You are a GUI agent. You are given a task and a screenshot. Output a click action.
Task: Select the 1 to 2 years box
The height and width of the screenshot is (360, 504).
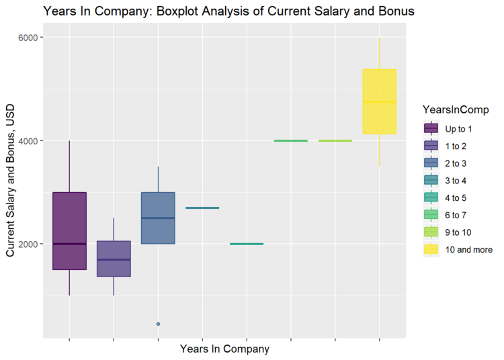(x=114, y=259)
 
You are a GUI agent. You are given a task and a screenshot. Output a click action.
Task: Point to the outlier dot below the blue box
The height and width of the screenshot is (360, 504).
(x=158, y=324)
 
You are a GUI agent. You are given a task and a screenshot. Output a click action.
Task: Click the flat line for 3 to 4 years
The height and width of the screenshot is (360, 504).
(x=202, y=208)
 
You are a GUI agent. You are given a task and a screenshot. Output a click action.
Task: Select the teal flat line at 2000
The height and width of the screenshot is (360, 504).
(x=247, y=244)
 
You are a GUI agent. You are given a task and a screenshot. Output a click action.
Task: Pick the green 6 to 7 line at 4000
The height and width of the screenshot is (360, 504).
(x=290, y=140)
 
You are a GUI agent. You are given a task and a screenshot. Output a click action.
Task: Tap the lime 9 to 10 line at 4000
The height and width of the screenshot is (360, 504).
(x=335, y=140)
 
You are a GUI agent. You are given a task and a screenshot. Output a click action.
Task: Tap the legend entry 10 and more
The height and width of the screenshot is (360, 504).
(x=469, y=250)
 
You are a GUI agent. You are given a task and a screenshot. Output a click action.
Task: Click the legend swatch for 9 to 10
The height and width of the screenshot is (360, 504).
(x=431, y=232)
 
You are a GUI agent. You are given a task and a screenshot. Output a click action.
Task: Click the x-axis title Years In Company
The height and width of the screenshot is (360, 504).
(x=224, y=349)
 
